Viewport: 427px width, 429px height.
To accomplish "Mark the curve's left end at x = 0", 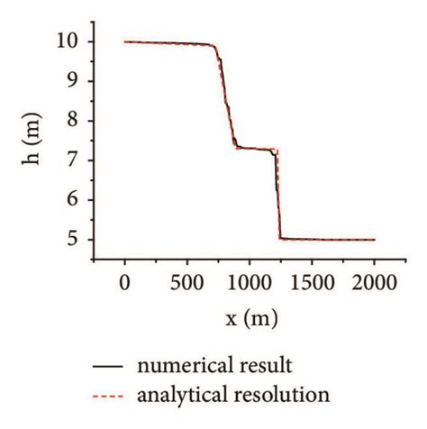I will pos(125,41).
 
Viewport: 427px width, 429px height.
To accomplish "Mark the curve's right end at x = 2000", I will pos(374,240).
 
